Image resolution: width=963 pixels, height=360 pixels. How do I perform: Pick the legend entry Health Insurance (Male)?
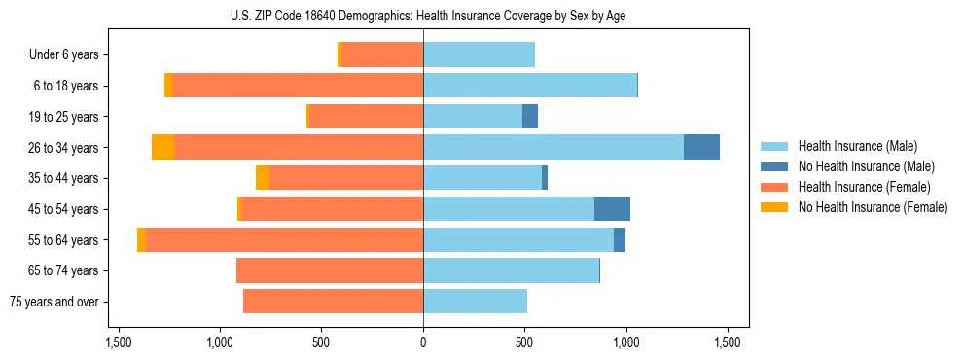(857, 146)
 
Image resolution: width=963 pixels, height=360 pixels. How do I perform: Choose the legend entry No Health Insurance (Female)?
(873, 207)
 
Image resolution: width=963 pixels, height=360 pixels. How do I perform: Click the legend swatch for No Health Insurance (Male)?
(774, 166)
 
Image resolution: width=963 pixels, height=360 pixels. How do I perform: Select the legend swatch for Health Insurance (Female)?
(774, 187)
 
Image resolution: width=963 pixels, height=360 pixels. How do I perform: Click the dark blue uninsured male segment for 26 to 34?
(701, 147)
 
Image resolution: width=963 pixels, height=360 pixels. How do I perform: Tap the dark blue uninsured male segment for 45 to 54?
(612, 209)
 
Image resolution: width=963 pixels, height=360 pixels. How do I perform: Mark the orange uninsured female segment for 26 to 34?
(163, 147)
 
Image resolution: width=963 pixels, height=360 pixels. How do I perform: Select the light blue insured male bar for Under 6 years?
(479, 54)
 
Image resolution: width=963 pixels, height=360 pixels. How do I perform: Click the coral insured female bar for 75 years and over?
(333, 302)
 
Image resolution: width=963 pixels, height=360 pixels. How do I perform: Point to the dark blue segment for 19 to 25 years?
(530, 117)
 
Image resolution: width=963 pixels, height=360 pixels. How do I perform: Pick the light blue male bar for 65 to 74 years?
(511, 270)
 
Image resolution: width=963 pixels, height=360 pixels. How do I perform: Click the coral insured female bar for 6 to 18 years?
(298, 86)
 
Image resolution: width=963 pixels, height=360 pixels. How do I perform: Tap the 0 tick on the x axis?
(423, 342)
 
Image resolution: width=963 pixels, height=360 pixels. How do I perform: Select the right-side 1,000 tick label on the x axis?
(625, 342)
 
